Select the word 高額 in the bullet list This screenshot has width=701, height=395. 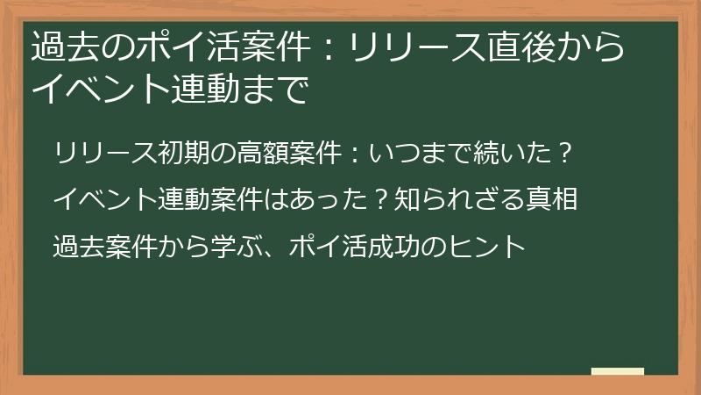[277, 153]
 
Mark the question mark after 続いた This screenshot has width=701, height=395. [566, 153]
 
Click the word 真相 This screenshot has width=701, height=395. [555, 199]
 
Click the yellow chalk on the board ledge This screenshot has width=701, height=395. [617, 371]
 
